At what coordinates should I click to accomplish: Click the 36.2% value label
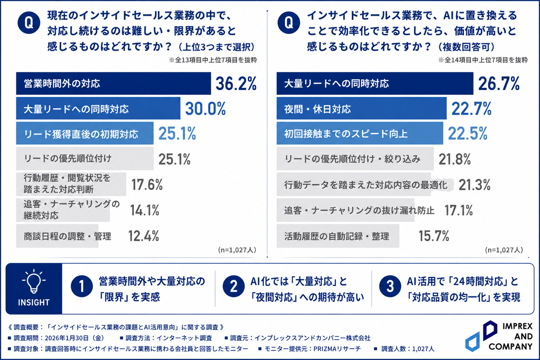click(x=236, y=83)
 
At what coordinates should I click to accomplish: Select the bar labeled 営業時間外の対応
click(x=113, y=83)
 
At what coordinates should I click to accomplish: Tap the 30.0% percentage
click(x=205, y=109)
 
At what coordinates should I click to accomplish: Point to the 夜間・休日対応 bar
click(x=361, y=108)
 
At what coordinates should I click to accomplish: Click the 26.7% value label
click(x=499, y=83)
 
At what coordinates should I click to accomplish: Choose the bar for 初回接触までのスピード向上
click(x=360, y=133)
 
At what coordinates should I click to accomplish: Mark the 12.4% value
click(x=143, y=236)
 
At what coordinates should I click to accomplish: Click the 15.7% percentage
click(x=434, y=236)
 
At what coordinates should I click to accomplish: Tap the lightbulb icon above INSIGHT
click(x=34, y=281)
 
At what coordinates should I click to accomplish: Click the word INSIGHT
click(x=34, y=302)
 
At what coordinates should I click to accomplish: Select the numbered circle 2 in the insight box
click(x=233, y=286)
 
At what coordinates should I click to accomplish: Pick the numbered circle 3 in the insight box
click(x=390, y=286)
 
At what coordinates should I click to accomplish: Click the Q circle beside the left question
click(x=29, y=23)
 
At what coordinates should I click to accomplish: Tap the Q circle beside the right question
click(x=289, y=23)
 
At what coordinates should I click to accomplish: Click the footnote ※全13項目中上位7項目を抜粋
click(x=213, y=60)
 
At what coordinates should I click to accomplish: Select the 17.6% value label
click(x=147, y=185)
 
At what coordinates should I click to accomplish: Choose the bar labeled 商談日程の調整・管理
click(x=57, y=236)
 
